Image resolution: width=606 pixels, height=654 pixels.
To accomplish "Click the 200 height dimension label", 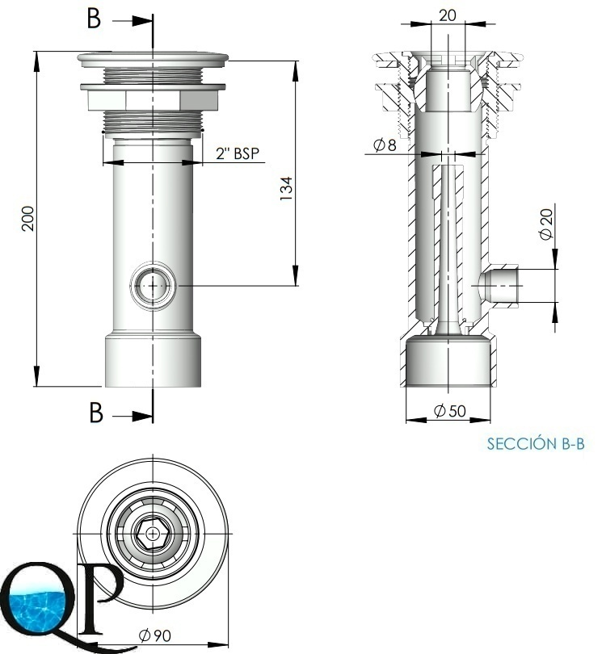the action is [28, 218].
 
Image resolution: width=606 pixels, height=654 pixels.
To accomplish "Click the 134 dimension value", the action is [286, 188].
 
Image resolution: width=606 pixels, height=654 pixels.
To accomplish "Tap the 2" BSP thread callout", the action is [238, 153].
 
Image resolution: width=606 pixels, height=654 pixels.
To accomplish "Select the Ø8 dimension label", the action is [385, 145].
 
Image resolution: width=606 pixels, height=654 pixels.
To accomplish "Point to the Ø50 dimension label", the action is [449, 411].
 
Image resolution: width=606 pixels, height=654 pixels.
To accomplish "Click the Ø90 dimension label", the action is [155, 635].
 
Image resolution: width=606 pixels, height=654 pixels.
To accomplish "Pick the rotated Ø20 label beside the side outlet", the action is [546, 224].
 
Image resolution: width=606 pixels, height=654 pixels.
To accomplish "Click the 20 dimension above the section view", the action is [448, 15].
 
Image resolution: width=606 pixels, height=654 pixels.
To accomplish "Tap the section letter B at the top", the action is [94, 19].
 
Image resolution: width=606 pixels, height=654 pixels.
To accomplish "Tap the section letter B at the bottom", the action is [96, 413].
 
